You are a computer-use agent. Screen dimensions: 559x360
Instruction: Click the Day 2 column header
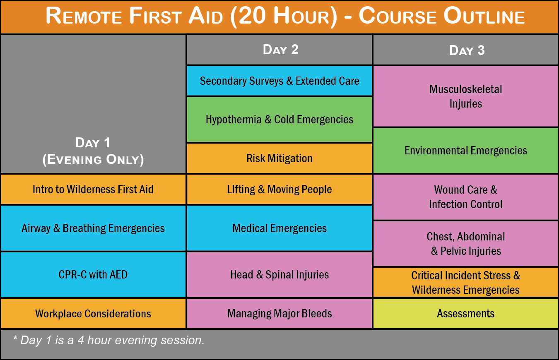pyautogui.click(x=279, y=50)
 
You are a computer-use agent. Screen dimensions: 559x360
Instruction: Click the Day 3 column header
pyautogui.click(x=466, y=50)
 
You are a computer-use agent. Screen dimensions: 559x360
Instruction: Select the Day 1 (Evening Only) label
pyautogui.click(x=93, y=151)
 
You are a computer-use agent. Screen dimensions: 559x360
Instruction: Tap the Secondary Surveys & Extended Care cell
pyautogui.click(x=279, y=81)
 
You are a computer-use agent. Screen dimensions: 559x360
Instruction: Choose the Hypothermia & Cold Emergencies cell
pyautogui.click(x=279, y=120)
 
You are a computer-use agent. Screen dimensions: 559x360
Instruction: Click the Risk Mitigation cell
pyautogui.click(x=279, y=158)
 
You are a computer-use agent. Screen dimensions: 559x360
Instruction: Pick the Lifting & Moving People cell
pyautogui.click(x=279, y=190)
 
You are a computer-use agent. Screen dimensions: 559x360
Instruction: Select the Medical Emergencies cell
pyautogui.click(x=279, y=228)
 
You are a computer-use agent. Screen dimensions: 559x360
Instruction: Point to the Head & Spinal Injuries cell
pyautogui.click(x=279, y=274)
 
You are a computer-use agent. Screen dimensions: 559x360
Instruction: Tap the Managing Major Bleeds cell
pyautogui.click(x=279, y=313)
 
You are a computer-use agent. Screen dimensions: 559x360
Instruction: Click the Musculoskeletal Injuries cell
pyautogui.click(x=466, y=96)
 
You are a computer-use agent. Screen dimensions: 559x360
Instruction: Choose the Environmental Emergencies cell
pyautogui.click(x=466, y=150)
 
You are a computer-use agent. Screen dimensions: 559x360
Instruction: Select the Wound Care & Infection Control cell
pyautogui.click(x=466, y=197)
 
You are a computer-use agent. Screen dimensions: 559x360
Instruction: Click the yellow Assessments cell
pyautogui.click(x=466, y=313)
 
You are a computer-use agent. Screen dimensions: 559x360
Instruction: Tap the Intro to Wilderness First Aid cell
pyautogui.click(x=93, y=190)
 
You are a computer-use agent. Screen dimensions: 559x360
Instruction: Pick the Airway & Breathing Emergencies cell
pyautogui.click(x=93, y=228)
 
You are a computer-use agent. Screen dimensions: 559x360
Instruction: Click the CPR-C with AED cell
pyautogui.click(x=93, y=274)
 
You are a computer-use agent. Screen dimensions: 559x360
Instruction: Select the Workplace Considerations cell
pyautogui.click(x=93, y=313)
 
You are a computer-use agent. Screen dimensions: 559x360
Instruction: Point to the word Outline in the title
pyautogui.click(x=484, y=16)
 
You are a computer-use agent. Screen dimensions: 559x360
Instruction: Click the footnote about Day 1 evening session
pyautogui.click(x=108, y=340)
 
